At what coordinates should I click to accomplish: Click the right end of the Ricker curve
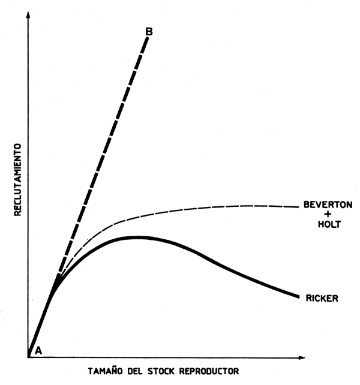tap(299, 296)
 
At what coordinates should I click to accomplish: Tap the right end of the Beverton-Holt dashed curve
tap(298, 207)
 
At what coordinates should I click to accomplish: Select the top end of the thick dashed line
tap(147, 38)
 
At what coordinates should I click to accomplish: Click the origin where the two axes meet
tap(28, 358)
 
